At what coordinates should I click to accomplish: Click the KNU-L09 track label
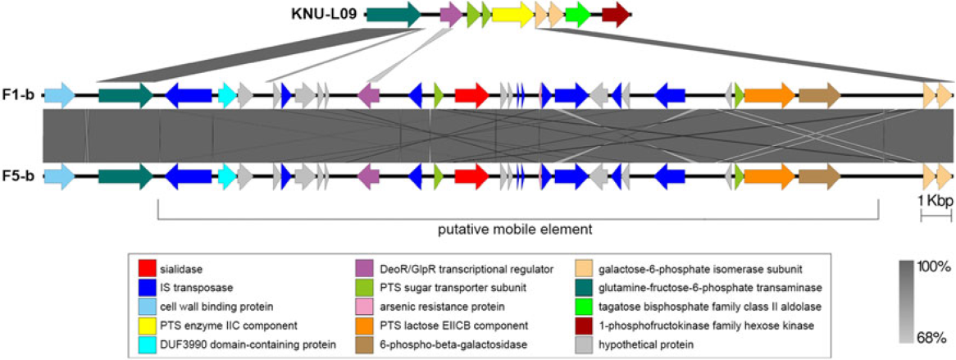pyautogui.click(x=325, y=13)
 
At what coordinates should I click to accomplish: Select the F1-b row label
pyautogui.click(x=17, y=95)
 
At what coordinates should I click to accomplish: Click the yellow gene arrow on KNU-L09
pyautogui.click(x=512, y=13)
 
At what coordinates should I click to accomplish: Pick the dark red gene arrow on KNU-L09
pyautogui.click(x=615, y=13)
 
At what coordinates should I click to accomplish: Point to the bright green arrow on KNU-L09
pyautogui.click(x=577, y=13)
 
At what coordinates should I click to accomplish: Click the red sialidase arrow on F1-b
pyautogui.click(x=471, y=95)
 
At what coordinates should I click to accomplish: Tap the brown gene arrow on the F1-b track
pyautogui.click(x=819, y=95)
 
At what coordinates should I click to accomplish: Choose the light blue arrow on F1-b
pyautogui.click(x=59, y=95)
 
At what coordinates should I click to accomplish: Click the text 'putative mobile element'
pyautogui.click(x=517, y=228)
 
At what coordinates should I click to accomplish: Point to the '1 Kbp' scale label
pyautogui.click(x=934, y=200)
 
